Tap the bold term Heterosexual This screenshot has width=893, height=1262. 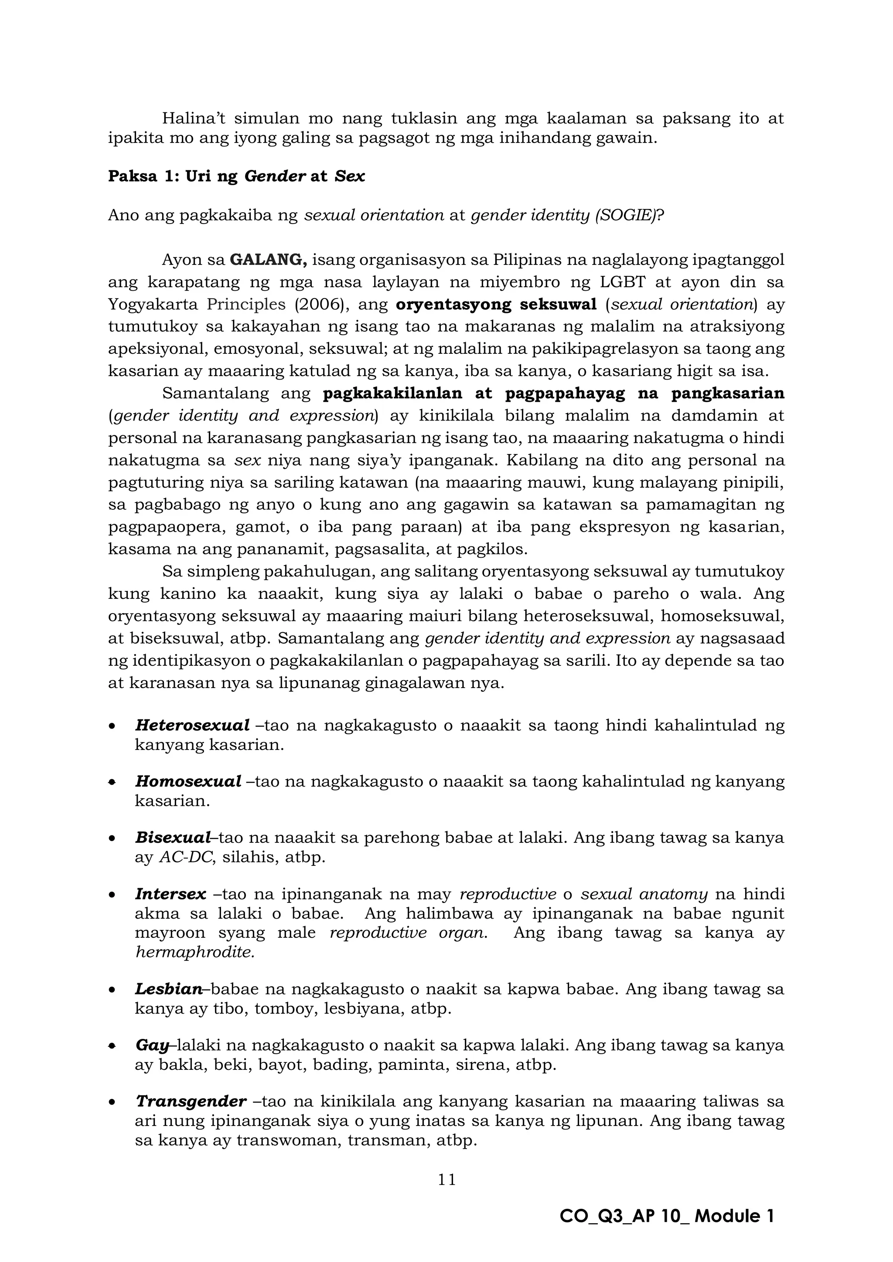click(192, 725)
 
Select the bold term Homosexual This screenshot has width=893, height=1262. click(188, 781)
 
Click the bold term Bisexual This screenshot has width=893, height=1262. click(173, 837)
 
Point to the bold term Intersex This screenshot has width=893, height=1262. click(170, 894)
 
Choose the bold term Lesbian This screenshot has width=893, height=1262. click(169, 989)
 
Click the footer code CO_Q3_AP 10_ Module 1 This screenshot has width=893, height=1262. click(666, 1216)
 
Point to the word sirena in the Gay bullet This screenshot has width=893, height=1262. click(480, 1065)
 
